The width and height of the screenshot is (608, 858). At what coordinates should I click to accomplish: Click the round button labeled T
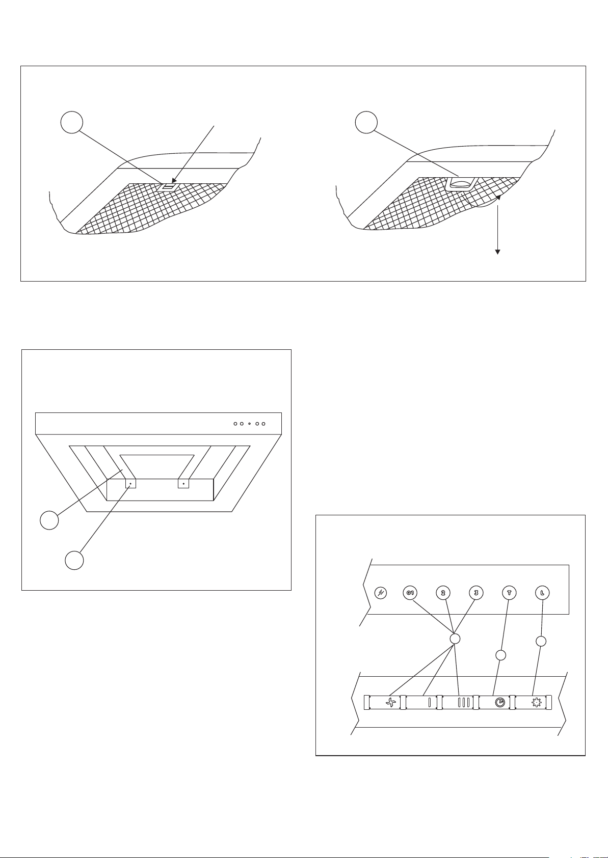tap(508, 593)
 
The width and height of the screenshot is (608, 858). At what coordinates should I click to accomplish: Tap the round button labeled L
tap(542, 593)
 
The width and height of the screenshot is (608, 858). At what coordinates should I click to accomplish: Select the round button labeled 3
tap(475, 593)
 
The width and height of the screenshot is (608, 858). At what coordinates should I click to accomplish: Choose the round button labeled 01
tap(410, 593)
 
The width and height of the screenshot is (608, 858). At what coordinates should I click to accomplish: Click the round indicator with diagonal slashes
tap(380, 593)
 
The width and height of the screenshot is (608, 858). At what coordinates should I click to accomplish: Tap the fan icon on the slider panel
tap(390, 703)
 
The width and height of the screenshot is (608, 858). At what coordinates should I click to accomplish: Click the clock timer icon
tap(500, 703)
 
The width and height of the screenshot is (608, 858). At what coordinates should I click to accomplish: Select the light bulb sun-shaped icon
tap(535, 703)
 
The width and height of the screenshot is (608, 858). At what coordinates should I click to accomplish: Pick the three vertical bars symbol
tap(463, 703)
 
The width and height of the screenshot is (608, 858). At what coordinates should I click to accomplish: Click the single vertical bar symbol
tap(429, 703)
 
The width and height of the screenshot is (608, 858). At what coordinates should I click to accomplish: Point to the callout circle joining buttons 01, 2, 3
tap(456, 639)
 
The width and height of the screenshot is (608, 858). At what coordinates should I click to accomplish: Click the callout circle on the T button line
tap(501, 655)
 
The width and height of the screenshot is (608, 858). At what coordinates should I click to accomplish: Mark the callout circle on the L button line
tap(542, 642)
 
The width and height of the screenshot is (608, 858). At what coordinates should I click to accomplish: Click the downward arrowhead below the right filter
tap(498, 252)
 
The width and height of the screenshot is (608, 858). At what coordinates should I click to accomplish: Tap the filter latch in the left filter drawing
tap(168, 187)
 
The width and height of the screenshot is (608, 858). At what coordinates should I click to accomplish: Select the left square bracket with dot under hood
tap(130, 483)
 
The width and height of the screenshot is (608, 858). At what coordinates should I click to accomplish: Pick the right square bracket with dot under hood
tap(183, 483)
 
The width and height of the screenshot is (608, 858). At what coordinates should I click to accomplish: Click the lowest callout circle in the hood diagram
tap(74, 560)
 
